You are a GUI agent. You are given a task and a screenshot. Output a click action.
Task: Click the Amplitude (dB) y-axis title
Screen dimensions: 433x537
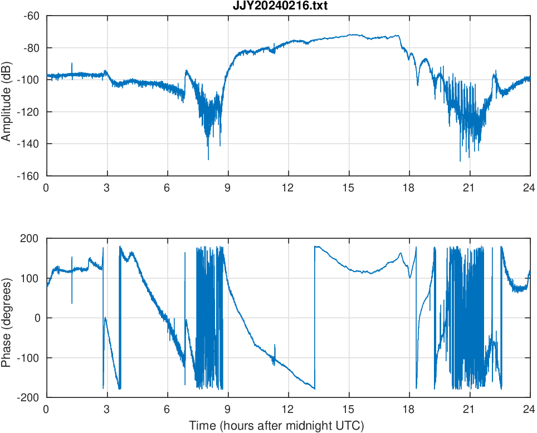tap(7, 96)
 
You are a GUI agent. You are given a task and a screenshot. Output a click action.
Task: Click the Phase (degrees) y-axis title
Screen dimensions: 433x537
tap(7, 318)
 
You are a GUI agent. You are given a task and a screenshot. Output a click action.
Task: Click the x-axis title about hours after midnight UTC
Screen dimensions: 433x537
tap(276, 426)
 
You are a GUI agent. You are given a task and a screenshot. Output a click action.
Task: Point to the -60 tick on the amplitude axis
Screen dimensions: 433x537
tap(31, 16)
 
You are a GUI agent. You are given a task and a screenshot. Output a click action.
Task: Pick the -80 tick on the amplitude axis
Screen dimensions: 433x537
tap(31, 48)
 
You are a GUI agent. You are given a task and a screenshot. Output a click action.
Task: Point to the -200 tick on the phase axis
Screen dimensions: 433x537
tap(28, 397)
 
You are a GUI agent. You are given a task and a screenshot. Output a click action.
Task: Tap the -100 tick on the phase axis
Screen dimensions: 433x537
tap(28, 358)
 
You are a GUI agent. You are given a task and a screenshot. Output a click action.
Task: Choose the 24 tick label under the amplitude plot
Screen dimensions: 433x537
tap(529, 188)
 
